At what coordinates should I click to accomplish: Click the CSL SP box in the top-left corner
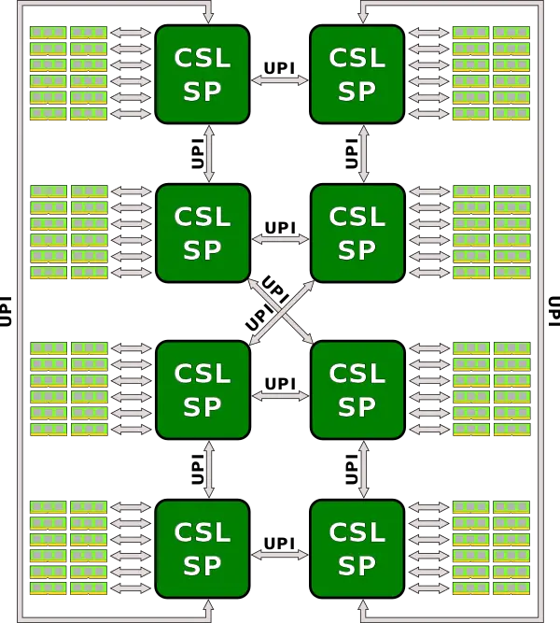[x=203, y=74]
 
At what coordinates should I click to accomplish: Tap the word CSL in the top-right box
[x=357, y=58]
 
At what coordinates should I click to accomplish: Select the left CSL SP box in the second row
[x=203, y=233]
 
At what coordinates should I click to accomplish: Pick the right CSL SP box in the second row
[x=357, y=233]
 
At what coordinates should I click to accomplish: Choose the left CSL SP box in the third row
[x=203, y=389]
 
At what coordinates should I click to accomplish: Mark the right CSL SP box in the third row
[x=357, y=389]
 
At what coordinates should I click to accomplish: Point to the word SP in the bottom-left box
[x=203, y=566]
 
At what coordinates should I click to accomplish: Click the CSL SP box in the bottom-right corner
[x=357, y=548]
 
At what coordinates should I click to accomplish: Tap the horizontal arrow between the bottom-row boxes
[x=280, y=555]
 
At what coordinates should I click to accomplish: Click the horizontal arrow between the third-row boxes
[x=280, y=396]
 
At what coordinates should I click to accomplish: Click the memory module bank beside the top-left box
[x=68, y=73]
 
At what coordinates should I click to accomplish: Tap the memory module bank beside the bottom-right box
[x=491, y=548]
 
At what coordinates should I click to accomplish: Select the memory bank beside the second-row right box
[x=491, y=232]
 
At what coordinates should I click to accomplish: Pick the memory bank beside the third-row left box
[x=68, y=389]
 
